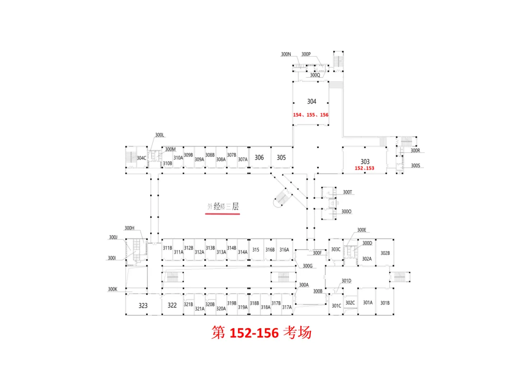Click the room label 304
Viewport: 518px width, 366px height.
pyautogui.click(x=312, y=102)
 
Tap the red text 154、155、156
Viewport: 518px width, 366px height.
pyautogui.click(x=311, y=115)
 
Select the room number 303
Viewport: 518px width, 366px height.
pyautogui.click(x=365, y=161)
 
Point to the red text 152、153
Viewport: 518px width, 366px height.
pyautogui.click(x=364, y=168)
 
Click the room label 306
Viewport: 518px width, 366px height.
pyautogui.click(x=259, y=158)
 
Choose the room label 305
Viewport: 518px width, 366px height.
pyautogui.click(x=281, y=158)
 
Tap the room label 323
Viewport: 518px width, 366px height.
pyautogui.click(x=143, y=306)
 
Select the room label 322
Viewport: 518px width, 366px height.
pyautogui.click(x=172, y=305)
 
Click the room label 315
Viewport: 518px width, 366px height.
pyautogui.click(x=256, y=250)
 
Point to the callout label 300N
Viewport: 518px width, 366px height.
pyautogui.click(x=286, y=55)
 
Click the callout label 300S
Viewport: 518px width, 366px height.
pyautogui.click(x=415, y=166)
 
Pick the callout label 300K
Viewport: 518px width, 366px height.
pyautogui.click(x=113, y=289)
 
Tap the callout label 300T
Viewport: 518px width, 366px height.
pyautogui.click(x=348, y=193)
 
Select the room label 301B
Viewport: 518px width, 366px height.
pyautogui.click(x=385, y=303)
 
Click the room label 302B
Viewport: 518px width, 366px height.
pyautogui.click(x=385, y=253)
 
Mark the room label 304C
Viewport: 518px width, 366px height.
pyautogui.click(x=141, y=158)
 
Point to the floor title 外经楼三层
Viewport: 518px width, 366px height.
pyautogui.click(x=223, y=207)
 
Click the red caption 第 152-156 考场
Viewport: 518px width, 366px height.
pyautogui.click(x=261, y=332)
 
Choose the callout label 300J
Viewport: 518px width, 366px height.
pyautogui.click(x=113, y=238)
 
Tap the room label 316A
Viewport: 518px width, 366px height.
pyautogui.click(x=284, y=250)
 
